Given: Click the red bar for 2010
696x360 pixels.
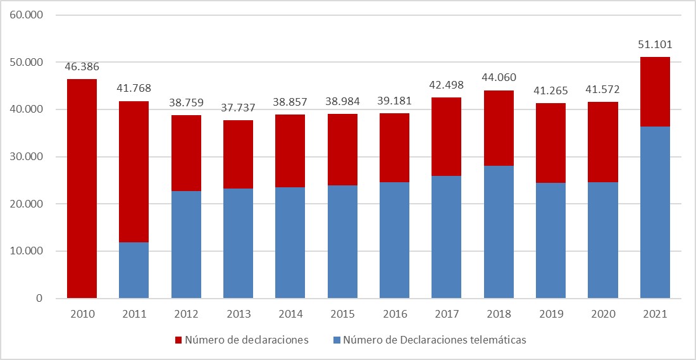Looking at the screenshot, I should [82, 189].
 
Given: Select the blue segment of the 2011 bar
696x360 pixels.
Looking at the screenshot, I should [134, 270].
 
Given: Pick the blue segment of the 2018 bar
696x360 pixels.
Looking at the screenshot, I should [499, 232].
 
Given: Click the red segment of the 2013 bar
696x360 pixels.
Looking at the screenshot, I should [238, 154].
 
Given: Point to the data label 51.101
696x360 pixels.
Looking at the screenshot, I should [655, 44].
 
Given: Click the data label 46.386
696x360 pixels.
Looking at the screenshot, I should [82, 66].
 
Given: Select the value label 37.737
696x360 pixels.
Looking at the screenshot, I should [238, 108].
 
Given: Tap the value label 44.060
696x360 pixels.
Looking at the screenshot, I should [499, 78].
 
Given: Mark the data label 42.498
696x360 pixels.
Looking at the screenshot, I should [446, 85].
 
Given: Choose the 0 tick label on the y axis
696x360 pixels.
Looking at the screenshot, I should [39, 299].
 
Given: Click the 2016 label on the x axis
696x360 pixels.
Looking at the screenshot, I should [394, 314].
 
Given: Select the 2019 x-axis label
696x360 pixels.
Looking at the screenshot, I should [550, 314].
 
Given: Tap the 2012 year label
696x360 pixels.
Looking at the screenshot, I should [186, 314].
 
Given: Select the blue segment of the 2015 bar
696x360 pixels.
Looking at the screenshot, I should [342, 242].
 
